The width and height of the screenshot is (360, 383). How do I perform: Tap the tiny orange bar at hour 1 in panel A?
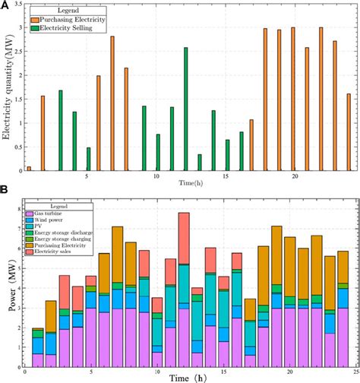pyautogui.click(x=29, y=168)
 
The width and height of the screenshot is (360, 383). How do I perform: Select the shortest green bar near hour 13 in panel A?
pyautogui.click(x=200, y=163)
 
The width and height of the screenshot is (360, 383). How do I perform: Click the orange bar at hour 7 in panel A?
pyautogui.click(x=112, y=103)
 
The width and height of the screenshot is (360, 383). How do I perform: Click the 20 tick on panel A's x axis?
pyautogui.click(x=295, y=176)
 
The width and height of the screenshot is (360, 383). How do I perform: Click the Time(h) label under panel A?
pyautogui.click(x=187, y=183)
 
